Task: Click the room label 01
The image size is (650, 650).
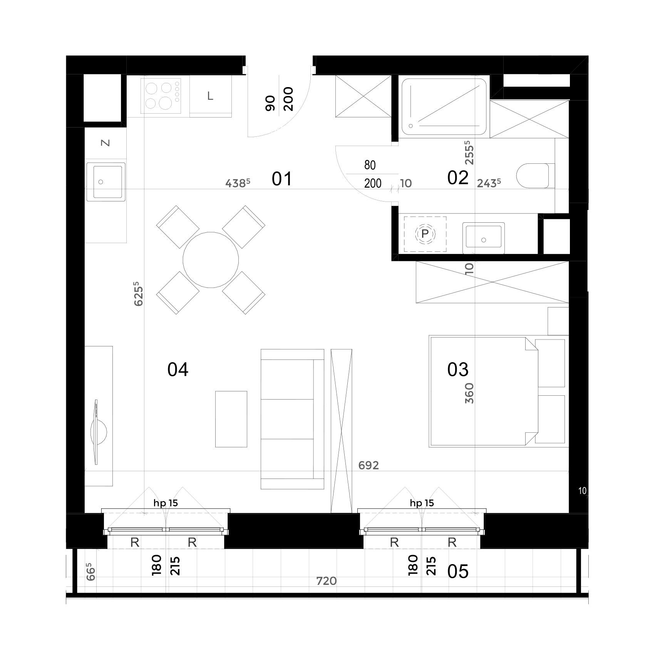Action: (282, 179)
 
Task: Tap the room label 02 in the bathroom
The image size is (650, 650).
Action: (458, 178)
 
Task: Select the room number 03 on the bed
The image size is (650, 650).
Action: (458, 370)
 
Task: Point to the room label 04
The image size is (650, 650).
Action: (178, 370)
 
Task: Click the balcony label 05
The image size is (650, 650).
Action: (458, 571)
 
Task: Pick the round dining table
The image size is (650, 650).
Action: (211, 260)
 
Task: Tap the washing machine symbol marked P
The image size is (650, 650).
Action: (425, 234)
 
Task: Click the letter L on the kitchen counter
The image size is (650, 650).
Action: (210, 96)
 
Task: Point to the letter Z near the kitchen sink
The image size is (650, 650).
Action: (105, 143)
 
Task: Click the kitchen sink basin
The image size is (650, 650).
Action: (106, 182)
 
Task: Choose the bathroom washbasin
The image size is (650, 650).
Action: (484, 238)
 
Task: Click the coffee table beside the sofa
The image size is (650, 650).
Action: (231, 419)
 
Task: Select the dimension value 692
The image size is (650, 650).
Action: (369, 465)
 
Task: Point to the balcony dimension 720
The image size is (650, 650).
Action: (327, 581)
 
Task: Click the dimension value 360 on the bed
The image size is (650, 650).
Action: (469, 393)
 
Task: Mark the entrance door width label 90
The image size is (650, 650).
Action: (271, 103)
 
